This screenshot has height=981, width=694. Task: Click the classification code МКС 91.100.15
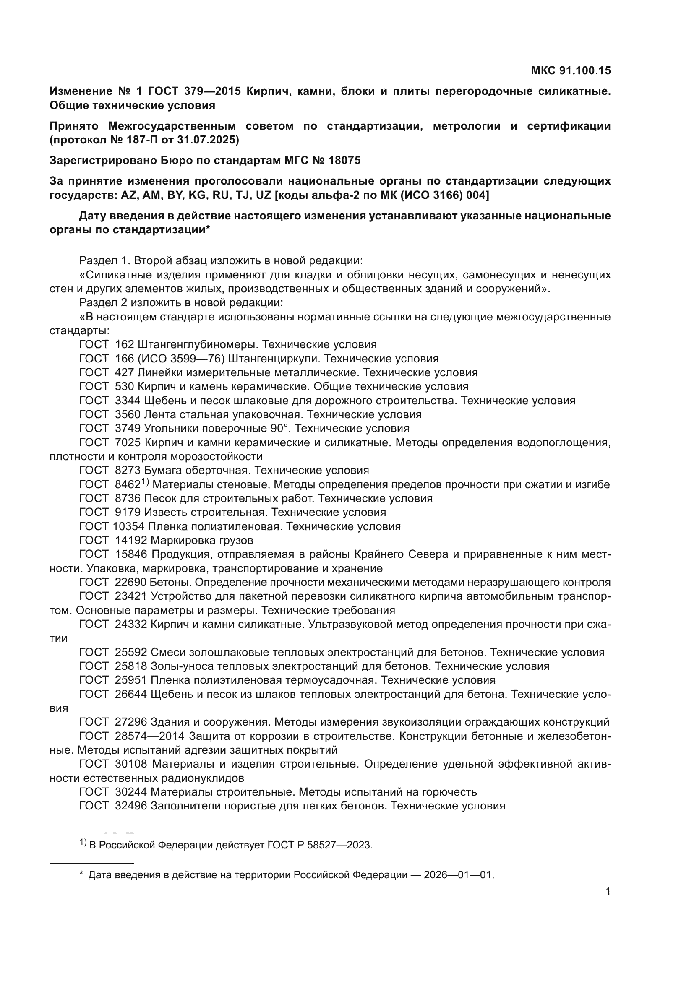[x=571, y=70]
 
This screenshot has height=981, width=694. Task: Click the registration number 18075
[x=344, y=160]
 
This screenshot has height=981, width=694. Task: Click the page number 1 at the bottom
[x=608, y=891]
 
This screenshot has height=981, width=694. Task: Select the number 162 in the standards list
[x=125, y=344]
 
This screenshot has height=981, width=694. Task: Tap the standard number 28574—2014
[x=149, y=736]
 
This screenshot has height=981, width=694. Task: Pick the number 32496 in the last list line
[x=131, y=806]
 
